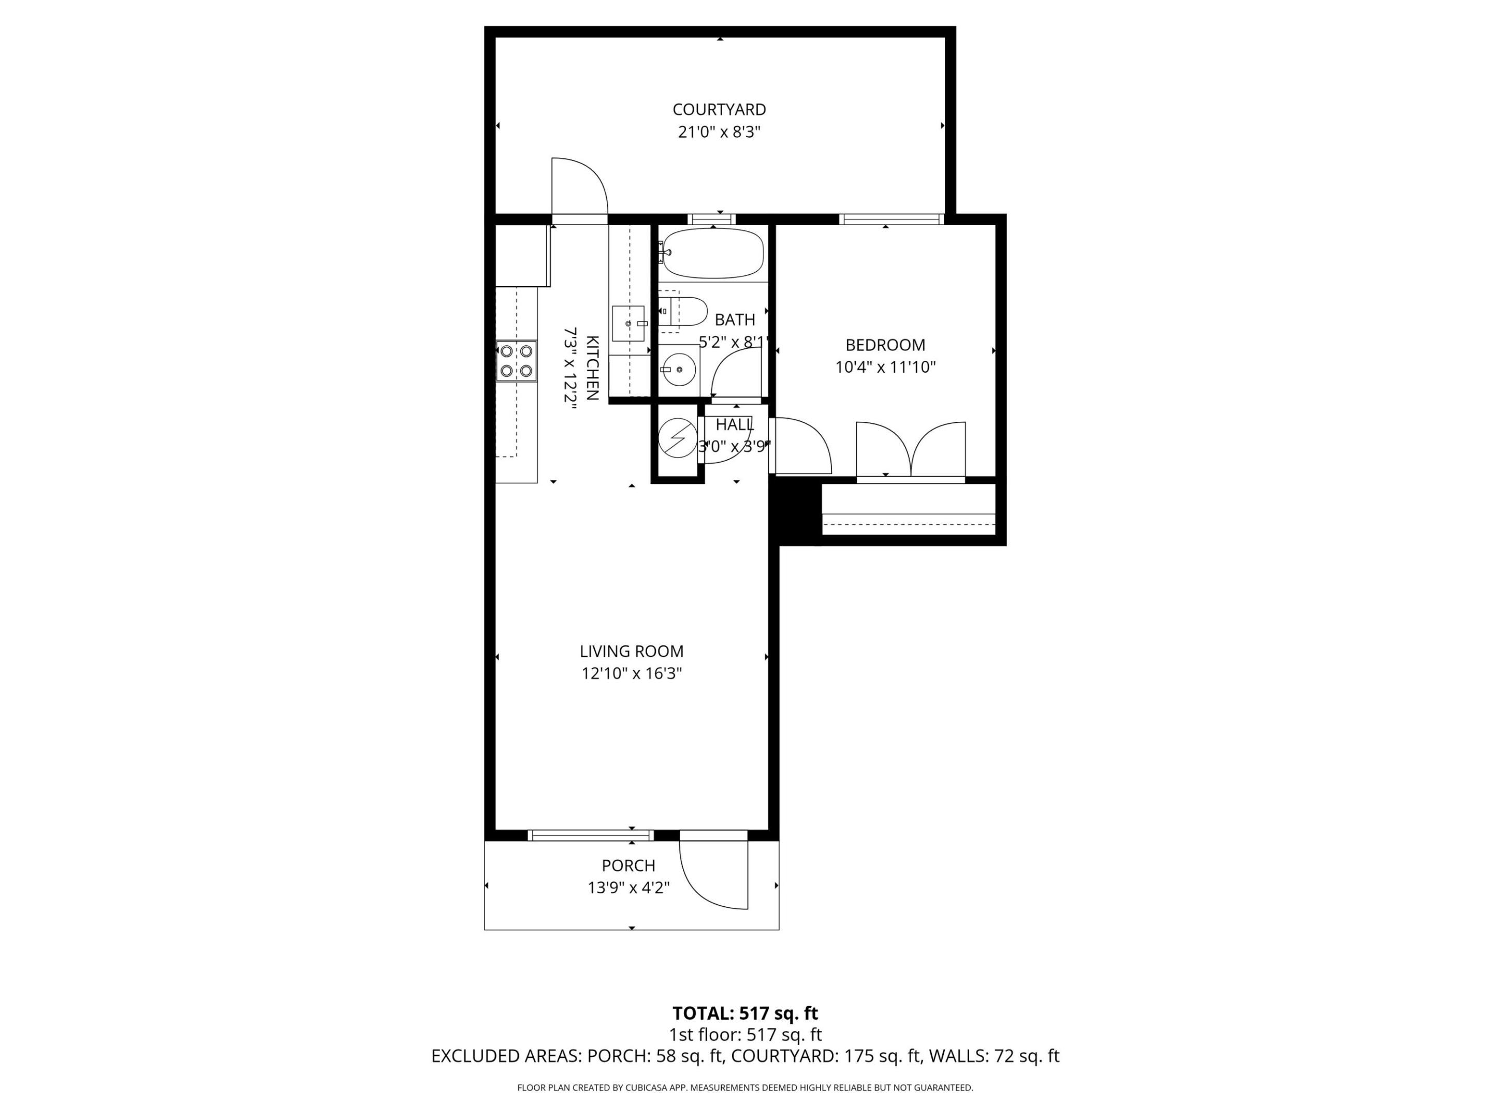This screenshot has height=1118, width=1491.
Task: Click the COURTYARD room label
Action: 719,109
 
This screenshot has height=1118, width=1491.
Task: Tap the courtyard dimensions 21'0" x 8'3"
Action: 719,132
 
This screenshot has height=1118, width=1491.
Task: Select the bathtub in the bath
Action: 713,254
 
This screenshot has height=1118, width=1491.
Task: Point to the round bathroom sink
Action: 679,370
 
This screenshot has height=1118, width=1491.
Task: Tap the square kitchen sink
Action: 628,323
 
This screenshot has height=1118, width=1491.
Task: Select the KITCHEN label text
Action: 592,368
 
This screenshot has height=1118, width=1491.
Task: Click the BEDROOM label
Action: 885,345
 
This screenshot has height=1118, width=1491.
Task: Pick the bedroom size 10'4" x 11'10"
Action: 885,367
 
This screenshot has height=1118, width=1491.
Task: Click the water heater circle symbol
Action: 677,438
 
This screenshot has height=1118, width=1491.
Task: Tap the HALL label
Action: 735,424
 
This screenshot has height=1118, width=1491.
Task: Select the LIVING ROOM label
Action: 632,652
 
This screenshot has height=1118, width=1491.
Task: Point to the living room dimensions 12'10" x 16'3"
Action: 632,673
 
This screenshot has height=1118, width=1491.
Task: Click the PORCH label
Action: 628,865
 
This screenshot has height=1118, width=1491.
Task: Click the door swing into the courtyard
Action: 578,187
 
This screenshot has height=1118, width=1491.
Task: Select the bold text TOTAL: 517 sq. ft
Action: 745,1013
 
